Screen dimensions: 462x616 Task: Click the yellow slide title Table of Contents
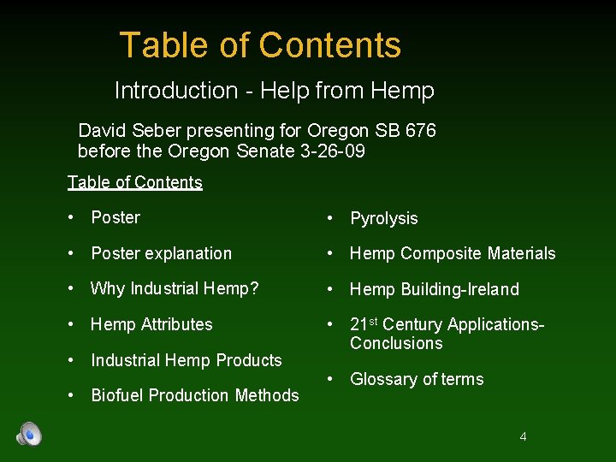pyautogui.click(x=260, y=45)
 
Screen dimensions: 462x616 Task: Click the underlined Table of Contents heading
pyautogui.click(x=135, y=182)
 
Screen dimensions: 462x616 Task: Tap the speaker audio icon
pyautogui.click(x=29, y=435)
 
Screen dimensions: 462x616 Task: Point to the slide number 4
pyautogui.click(x=523, y=437)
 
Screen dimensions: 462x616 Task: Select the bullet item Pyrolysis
pyautogui.click(x=383, y=219)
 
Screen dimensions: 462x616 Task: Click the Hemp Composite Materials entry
pyautogui.click(x=453, y=254)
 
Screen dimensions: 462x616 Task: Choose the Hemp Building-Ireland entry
pyautogui.click(x=434, y=290)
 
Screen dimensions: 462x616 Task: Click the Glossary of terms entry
pyautogui.click(x=417, y=380)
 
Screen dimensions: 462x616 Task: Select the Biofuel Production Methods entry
pyautogui.click(x=195, y=395)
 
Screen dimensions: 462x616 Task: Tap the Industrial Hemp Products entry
pyautogui.click(x=187, y=360)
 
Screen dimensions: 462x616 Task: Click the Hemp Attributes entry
pyautogui.click(x=151, y=324)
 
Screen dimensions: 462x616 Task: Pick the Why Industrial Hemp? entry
pyautogui.click(x=175, y=289)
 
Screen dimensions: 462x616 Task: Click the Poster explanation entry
pyautogui.click(x=161, y=254)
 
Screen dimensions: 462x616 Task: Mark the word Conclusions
pyautogui.click(x=396, y=344)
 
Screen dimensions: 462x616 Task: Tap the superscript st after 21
pyautogui.click(x=375, y=321)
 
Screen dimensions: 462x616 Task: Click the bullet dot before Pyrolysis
pyautogui.click(x=329, y=219)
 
